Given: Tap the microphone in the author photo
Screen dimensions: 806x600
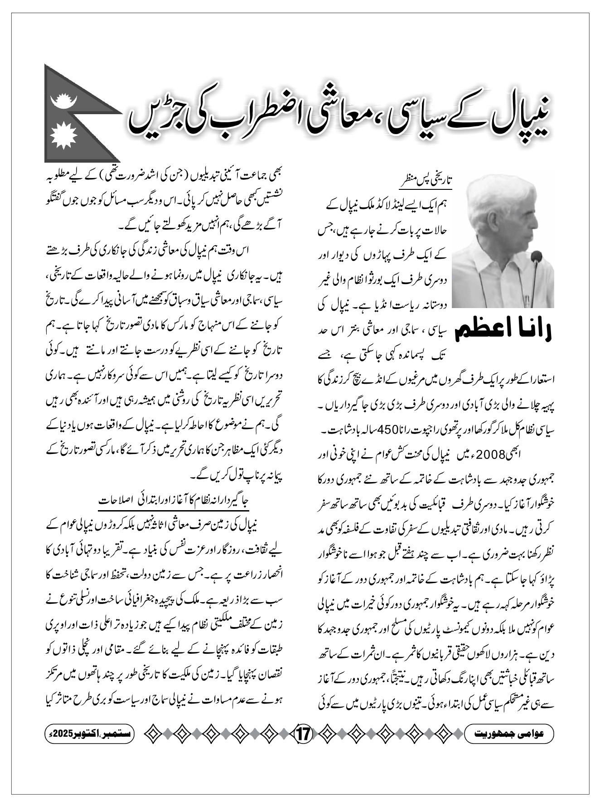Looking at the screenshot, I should (537, 258).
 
